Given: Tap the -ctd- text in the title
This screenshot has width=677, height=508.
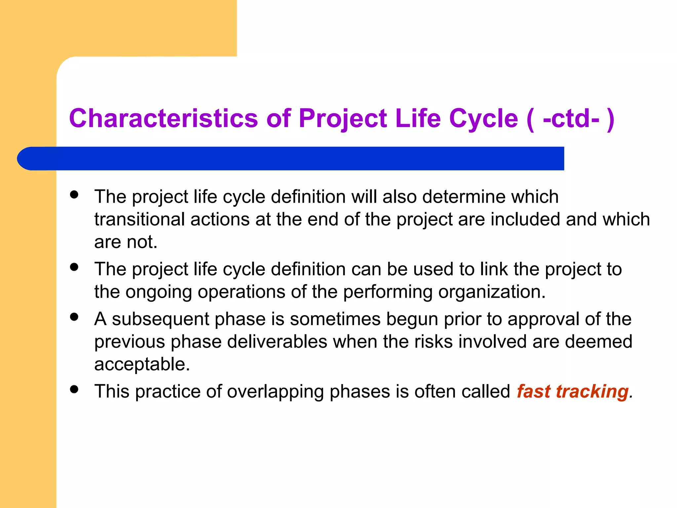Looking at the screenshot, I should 571,119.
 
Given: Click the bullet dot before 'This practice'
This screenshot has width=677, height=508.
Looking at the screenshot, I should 74,389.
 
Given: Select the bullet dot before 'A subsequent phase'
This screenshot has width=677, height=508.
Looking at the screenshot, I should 74,317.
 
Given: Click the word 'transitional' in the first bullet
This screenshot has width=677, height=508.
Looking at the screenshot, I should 139,219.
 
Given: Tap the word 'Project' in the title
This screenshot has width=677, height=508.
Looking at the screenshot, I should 342,119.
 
